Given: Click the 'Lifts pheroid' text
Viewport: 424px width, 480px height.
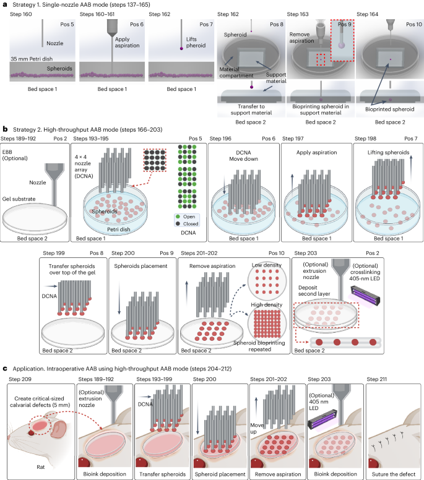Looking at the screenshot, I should point(174,42).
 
